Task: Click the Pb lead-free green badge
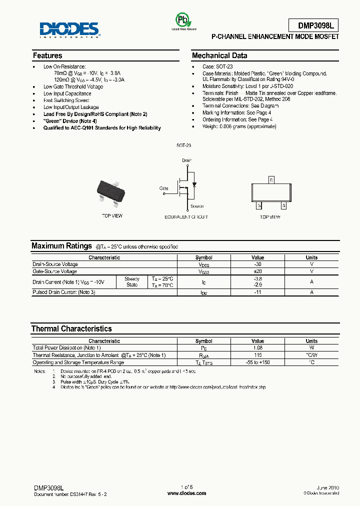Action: (x=181, y=20)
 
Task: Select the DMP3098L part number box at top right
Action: (x=313, y=25)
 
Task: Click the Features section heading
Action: (x=47, y=55)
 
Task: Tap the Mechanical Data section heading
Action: (x=219, y=55)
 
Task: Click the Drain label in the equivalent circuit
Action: (x=186, y=160)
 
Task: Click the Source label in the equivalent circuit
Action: (x=197, y=206)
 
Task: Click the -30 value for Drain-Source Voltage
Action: (x=257, y=264)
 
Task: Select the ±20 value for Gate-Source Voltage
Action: (x=257, y=271)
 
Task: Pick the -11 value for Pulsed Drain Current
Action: (x=257, y=292)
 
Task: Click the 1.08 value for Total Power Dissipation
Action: (x=257, y=347)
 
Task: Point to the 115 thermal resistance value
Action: (x=257, y=355)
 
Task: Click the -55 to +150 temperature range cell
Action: (x=257, y=362)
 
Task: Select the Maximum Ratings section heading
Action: (x=61, y=246)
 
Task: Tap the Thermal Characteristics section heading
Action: (x=71, y=328)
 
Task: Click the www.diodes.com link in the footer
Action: (x=186, y=493)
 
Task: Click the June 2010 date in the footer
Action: (x=328, y=487)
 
